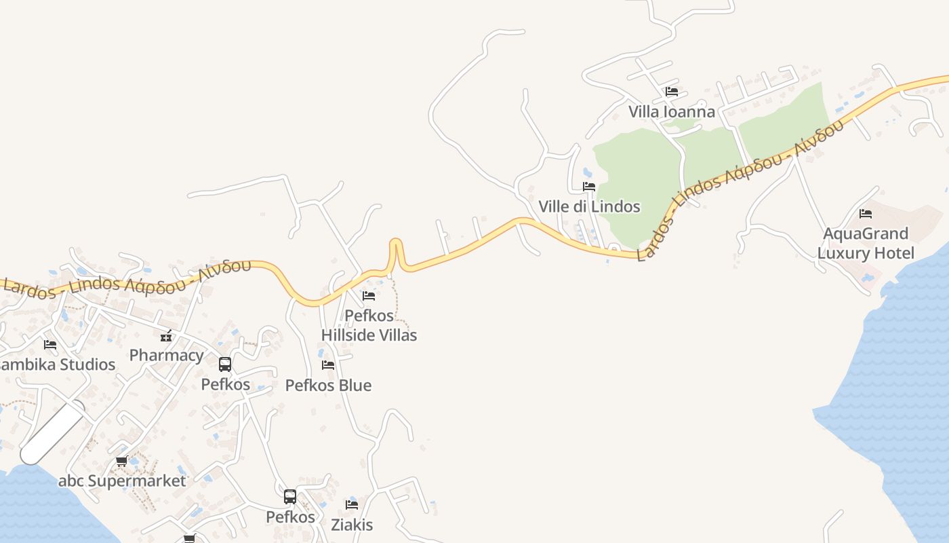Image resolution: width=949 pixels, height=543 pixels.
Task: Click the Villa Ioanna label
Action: [x=671, y=111]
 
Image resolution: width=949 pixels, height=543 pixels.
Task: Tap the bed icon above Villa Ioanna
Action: [x=672, y=91]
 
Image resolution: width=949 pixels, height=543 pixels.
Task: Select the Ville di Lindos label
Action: [x=589, y=206]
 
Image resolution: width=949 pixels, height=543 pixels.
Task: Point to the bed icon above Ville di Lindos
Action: [x=589, y=186]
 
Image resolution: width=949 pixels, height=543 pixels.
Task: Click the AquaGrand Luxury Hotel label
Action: [x=866, y=244]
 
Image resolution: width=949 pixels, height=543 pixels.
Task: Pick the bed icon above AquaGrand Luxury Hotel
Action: [x=866, y=214]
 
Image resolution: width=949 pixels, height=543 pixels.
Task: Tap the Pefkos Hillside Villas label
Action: [x=369, y=325]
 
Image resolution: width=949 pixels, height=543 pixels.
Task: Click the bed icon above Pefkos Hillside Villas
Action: [x=369, y=295]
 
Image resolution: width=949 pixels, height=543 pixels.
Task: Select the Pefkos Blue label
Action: [x=328, y=386]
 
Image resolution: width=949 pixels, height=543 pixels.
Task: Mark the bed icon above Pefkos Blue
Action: [x=328, y=365]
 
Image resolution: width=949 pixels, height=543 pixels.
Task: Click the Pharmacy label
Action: [x=166, y=355]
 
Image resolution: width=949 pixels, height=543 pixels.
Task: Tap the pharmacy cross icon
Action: [x=166, y=335]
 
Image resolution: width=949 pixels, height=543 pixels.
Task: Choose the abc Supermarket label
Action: [x=122, y=481]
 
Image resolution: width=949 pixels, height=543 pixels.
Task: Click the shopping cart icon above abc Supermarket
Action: [x=122, y=462]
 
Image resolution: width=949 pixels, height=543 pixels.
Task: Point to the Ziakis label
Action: [x=352, y=525]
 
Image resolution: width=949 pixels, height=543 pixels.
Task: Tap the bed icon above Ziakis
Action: [x=352, y=504]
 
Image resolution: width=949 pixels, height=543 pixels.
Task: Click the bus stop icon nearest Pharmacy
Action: [x=225, y=364]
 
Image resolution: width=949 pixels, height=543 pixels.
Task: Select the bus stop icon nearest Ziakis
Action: [x=290, y=497]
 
